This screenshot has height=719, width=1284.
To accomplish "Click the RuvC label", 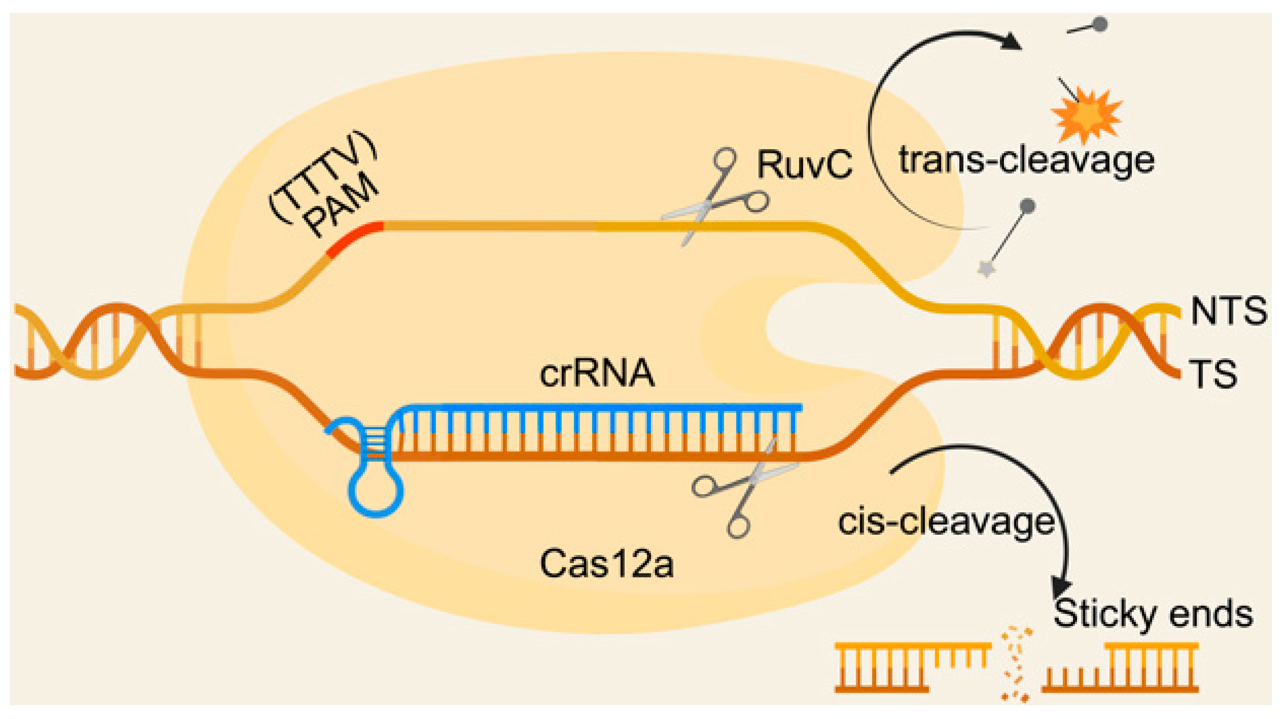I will pyautogui.click(x=804, y=165).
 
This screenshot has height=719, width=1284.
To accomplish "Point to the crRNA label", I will pyautogui.click(x=597, y=373).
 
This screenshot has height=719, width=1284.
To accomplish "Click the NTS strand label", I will pyautogui.click(x=1228, y=311).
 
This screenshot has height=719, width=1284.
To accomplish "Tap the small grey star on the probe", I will pyautogui.click(x=986, y=269).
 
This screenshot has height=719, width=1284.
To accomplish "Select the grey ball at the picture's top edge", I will pyautogui.click(x=1100, y=24).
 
